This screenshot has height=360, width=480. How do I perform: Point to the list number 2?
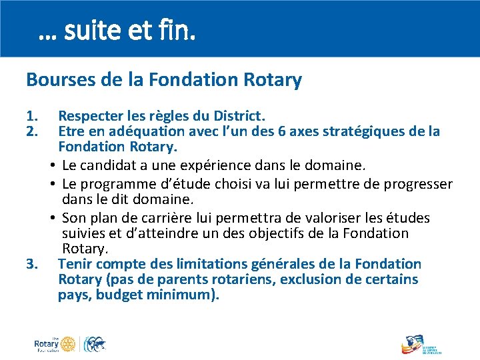pos(31,131)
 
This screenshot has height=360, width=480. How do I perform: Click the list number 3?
pos(31,265)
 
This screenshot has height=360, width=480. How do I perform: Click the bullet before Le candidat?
pos(53,165)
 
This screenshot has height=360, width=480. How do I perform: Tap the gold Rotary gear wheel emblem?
pos(67,345)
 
